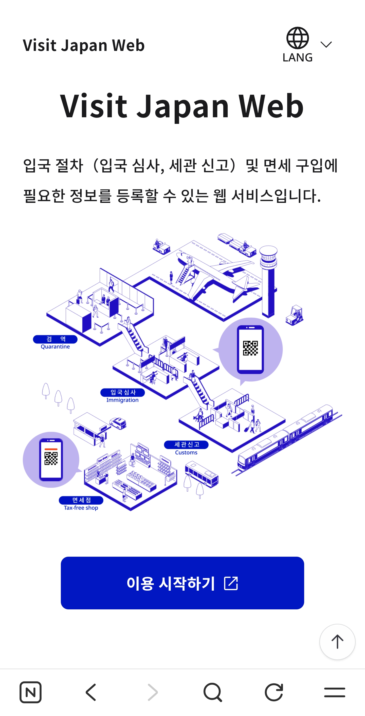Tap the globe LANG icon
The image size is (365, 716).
click(x=297, y=45)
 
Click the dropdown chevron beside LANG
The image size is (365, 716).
click(x=326, y=45)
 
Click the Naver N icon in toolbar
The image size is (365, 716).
click(x=31, y=692)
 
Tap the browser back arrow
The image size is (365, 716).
click(x=91, y=692)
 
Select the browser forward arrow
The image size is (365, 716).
click(x=152, y=692)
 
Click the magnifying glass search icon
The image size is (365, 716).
click(x=213, y=692)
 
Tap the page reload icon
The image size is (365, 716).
click(x=274, y=692)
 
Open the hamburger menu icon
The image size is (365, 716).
click(x=334, y=692)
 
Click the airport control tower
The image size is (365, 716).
click(x=268, y=281)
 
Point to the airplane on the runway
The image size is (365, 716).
click(x=214, y=275)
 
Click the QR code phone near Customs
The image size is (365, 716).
click(x=250, y=349)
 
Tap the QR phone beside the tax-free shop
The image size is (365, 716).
click(x=51, y=459)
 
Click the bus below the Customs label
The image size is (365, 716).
click(x=202, y=474)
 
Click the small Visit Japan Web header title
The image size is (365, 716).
click(x=84, y=45)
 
